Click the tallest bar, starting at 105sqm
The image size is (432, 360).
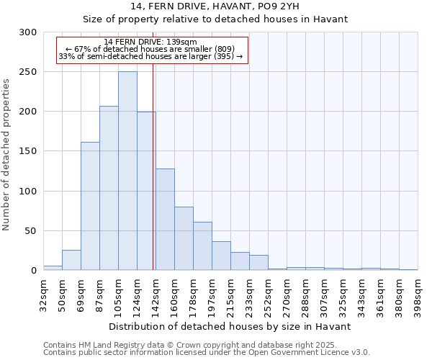click(127, 171)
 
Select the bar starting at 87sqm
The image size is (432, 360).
click(109, 188)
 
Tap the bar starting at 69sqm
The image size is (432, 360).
click(90, 206)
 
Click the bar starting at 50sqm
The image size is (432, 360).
click(71, 260)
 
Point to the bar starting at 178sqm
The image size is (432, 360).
click(202, 246)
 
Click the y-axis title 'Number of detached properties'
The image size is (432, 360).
click(7, 155)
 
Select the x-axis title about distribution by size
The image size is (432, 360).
click(230, 326)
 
